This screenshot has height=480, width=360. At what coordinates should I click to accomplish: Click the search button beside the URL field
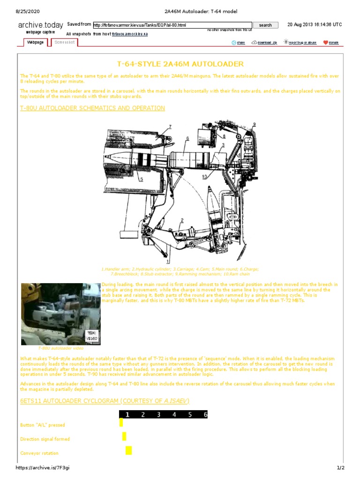[x=265, y=25]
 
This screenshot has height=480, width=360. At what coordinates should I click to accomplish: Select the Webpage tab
[x=36, y=42]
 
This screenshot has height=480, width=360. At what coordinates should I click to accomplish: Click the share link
[x=238, y=43]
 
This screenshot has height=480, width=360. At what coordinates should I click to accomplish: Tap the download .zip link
[x=264, y=43]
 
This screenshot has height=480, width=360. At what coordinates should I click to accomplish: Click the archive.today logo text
[x=40, y=25]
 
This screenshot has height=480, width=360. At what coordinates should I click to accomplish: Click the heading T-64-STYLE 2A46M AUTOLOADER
[x=180, y=64]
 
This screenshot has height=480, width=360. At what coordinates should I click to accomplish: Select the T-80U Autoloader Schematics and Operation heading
[x=92, y=108]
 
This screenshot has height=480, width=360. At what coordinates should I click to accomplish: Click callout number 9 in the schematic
[x=254, y=124]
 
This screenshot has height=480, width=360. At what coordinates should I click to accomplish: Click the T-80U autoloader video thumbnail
[x=61, y=314]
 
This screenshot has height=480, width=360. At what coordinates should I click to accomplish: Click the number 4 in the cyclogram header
[x=174, y=414]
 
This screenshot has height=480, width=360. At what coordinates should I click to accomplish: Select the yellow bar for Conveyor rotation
[x=128, y=450]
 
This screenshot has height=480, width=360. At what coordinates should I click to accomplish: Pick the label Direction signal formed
[x=45, y=439]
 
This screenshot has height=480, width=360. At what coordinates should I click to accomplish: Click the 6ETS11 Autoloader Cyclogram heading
[x=105, y=401]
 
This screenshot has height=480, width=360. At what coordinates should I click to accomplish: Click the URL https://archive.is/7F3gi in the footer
[x=43, y=468]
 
